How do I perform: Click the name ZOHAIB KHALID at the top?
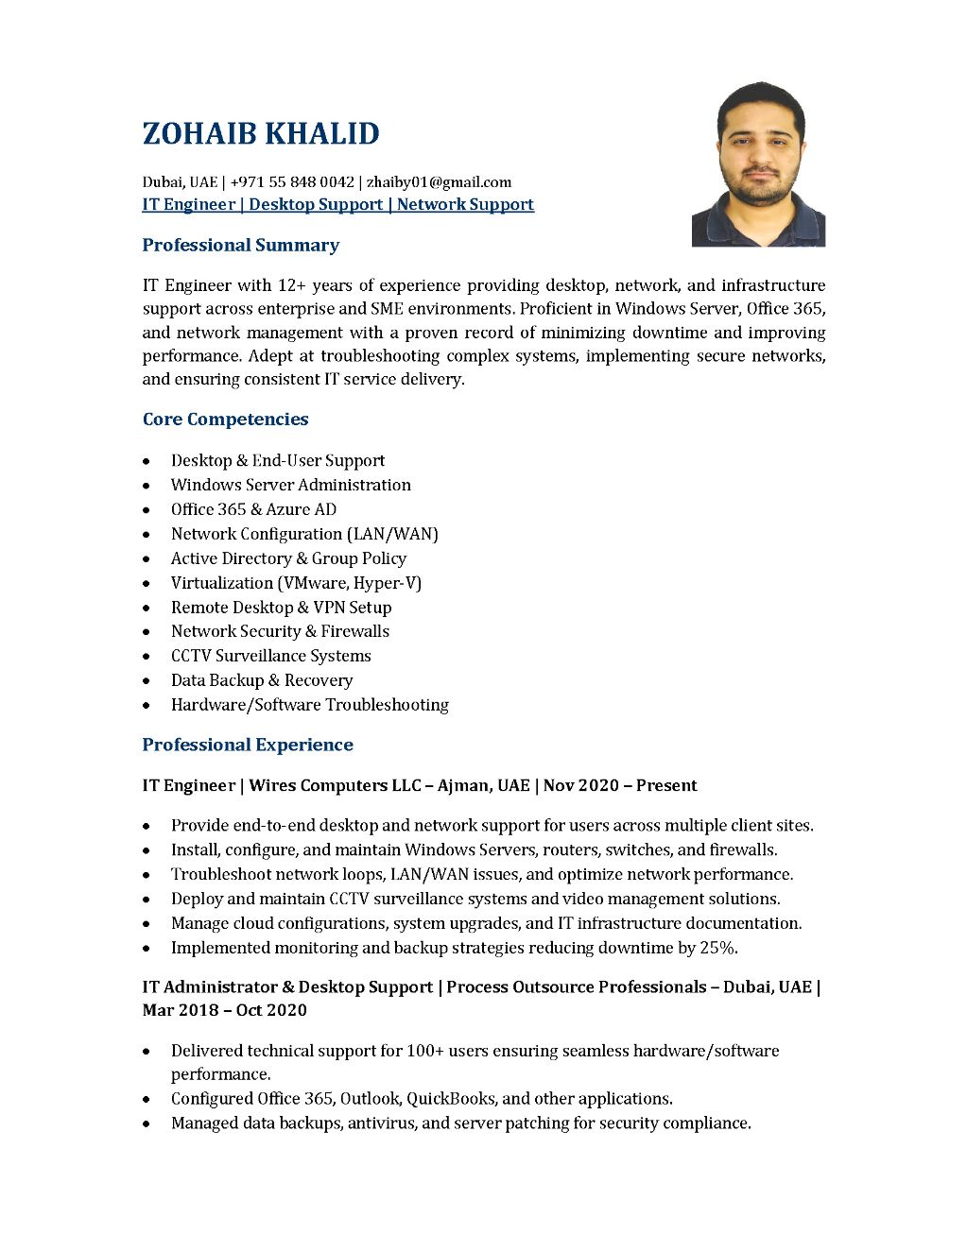pyautogui.click(x=261, y=134)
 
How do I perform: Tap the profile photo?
pyautogui.click(x=758, y=164)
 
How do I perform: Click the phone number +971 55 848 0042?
pyautogui.click(x=292, y=182)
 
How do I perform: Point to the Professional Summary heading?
pyautogui.click(x=240, y=246)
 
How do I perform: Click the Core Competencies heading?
pyautogui.click(x=225, y=420)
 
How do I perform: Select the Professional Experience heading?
pyautogui.click(x=248, y=746)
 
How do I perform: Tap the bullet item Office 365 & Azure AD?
pyautogui.click(x=253, y=509)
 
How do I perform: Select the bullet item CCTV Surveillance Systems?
pyautogui.click(x=270, y=656)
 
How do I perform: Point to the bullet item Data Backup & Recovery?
pyautogui.click(x=261, y=680)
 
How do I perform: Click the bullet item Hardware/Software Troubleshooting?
pyautogui.click(x=309, y=705)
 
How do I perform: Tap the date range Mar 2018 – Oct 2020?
pyautogui.click(x=225, y=1010)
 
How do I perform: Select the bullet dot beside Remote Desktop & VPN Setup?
pyautogui.click(x=147, y=609)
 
